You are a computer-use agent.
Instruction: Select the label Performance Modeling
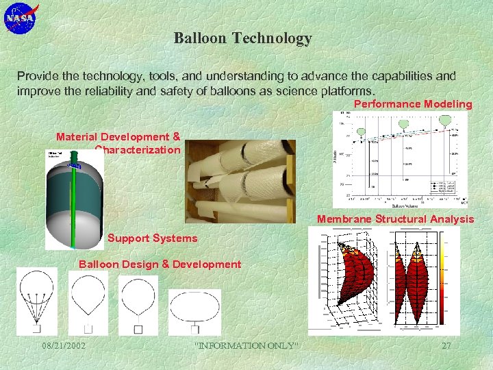point(412,104)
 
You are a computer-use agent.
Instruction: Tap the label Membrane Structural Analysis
point(395,219)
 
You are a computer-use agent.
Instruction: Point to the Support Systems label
point(152,238)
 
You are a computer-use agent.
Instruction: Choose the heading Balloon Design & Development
point(160,264)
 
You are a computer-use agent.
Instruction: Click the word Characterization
point(138,149)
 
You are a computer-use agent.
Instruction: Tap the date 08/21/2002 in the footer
point(63,346)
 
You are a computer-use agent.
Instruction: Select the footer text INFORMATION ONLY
point(247,346)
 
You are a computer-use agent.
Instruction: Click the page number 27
point(446,346)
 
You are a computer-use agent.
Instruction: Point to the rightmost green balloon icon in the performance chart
point(445,121)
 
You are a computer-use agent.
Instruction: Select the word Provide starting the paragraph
point(38,76)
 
